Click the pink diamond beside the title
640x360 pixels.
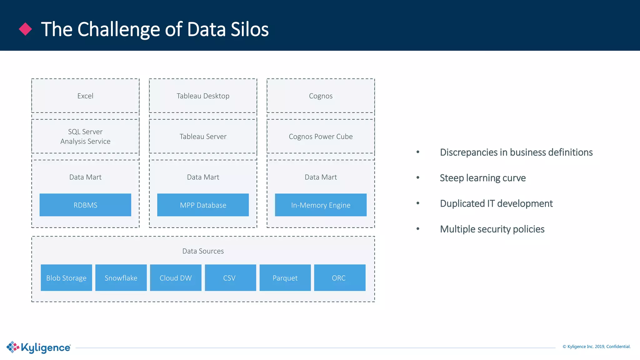[x=25, y=29]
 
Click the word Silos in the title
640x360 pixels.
[x=249, y=29]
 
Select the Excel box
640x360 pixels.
[x=85, y=96]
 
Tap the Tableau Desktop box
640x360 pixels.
[x=203, y=96]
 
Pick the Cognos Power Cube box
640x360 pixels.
[x=321, y=136]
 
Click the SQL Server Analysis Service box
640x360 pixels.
[x=85, y=136]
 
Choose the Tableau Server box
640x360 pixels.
[x=203, y=136]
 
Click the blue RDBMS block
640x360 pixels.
[x=85, y=205]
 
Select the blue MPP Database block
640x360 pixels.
[x=203, y=205]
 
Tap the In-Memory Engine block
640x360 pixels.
[x=321, y=205]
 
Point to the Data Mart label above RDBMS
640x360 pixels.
[x=85, y=177]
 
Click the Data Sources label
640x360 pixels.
[x=203, y=251]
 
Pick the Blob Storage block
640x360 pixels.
[x=66, y=278]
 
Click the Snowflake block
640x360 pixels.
[x=121, y=278]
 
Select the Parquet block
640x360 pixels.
[x=285, y=278]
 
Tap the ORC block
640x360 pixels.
[x=339, y=278]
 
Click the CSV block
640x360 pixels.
[x=230, y=278]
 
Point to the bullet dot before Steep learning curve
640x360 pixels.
[x=418, y=177]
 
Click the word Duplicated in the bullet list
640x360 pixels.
[x=462, y=203]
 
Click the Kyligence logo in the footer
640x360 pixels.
[x=39, y=347]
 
